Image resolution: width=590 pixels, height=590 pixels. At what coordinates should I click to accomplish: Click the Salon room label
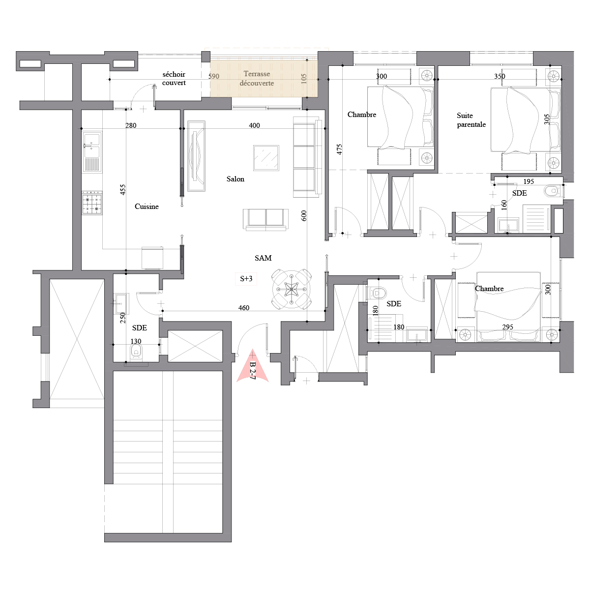point(235,179)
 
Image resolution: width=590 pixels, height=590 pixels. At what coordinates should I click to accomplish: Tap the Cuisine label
point(147,206)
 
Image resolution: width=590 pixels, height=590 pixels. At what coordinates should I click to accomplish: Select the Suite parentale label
point(471,120)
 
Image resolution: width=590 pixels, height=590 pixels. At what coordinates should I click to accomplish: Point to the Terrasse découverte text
point(257,78)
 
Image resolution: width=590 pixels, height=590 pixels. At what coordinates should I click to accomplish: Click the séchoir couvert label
point(174,78)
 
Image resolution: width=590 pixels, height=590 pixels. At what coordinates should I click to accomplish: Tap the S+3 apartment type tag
point(246,279)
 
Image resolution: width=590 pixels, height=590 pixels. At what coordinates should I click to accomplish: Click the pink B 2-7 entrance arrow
point(253,366)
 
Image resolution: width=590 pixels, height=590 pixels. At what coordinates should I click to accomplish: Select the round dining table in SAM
point(292,289)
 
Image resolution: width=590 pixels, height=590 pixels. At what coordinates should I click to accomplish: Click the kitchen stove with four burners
point(92,203)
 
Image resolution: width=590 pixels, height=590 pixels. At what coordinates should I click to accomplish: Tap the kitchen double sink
point(91,152)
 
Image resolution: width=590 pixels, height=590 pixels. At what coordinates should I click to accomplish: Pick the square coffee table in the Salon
point(266,158)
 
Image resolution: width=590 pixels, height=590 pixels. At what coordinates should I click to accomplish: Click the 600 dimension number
point(304,216)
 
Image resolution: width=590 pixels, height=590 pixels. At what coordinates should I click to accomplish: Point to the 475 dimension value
point(339,149)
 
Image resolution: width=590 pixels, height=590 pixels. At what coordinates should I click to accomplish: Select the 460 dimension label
point(244,308)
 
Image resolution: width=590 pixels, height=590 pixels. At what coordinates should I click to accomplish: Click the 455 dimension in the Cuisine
point(122,190)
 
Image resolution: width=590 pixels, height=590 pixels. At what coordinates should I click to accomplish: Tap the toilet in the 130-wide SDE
point(136,352)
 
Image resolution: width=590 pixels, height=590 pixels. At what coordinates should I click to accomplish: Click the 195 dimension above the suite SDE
point(529,181)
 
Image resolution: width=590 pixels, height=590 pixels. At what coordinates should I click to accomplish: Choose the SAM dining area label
point(263,258)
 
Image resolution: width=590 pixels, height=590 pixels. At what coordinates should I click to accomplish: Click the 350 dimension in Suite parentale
point(500,76)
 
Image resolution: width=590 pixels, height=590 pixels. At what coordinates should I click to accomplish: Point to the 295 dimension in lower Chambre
point(507,327)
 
